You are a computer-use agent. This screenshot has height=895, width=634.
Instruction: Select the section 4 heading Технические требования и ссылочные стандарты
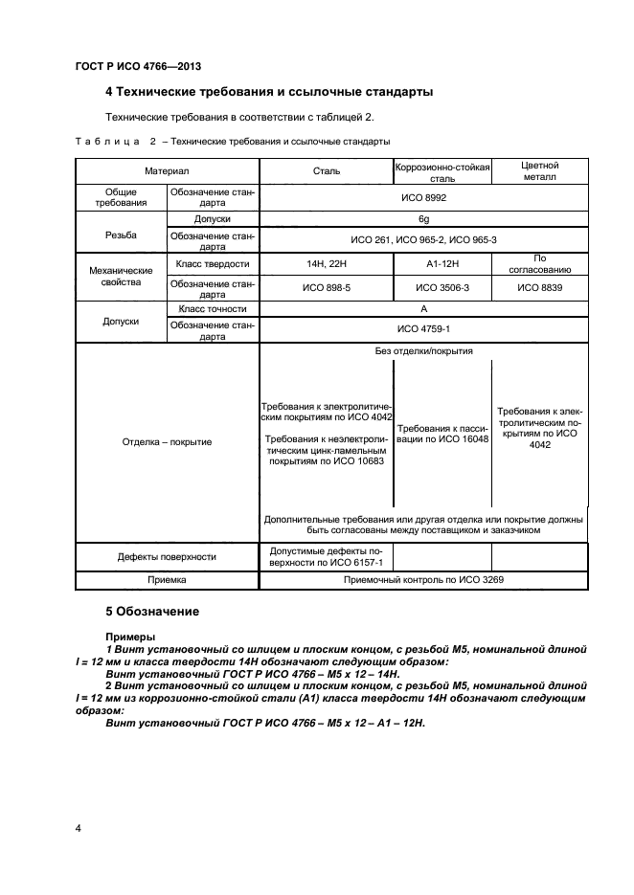click(268, 92)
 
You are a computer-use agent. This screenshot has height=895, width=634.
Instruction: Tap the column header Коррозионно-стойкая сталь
click(442, 171)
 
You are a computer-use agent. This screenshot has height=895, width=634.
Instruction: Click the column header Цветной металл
click(538, 171)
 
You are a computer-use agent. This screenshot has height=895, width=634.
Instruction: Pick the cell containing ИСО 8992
click(422, 197)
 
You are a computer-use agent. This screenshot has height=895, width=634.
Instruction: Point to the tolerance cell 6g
click(422, 218)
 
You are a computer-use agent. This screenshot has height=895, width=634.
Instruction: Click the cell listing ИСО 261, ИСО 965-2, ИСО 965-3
click(422, 239)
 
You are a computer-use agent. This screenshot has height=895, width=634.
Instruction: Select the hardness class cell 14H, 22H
click(327, 263)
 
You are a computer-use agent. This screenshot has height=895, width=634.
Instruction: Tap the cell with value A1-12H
click(442, 263)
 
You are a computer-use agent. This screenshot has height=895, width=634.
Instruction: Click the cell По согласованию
click(538, 263)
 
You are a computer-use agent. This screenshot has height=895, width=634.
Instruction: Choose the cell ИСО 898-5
click(327, 286)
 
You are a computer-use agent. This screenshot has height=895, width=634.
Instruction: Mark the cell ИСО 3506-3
click(442, 286)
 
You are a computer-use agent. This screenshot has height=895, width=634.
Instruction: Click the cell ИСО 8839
click(538, 286)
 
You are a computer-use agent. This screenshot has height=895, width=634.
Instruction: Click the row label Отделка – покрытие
click(168, 441)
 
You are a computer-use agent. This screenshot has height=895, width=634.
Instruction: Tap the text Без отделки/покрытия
click(422, 351)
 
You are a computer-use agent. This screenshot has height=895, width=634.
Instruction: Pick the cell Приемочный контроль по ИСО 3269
click(422, 580)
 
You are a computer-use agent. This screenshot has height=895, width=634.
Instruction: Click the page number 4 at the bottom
click(78, 826)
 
